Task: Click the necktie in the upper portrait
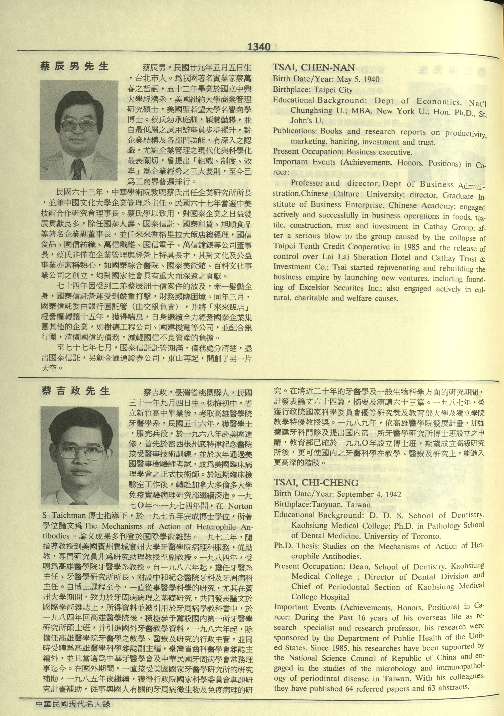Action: [x=77, y=169]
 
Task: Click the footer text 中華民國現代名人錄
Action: [x=73, y=704]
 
